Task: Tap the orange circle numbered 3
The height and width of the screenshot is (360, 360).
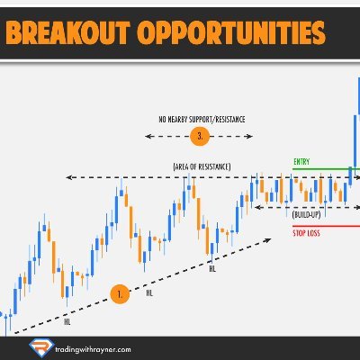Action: click(x=202, y=136)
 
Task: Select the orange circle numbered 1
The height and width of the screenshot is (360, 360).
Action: click(x=120, y=292)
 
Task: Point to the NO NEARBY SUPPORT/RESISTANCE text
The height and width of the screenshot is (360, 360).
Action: click(x=202, y=118)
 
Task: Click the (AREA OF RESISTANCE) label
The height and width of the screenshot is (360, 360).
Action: click(x=202, y=167)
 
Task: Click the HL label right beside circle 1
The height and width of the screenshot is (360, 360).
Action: click(x=149, y=292)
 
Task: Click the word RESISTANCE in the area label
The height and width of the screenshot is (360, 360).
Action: click(x=211, y=167)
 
